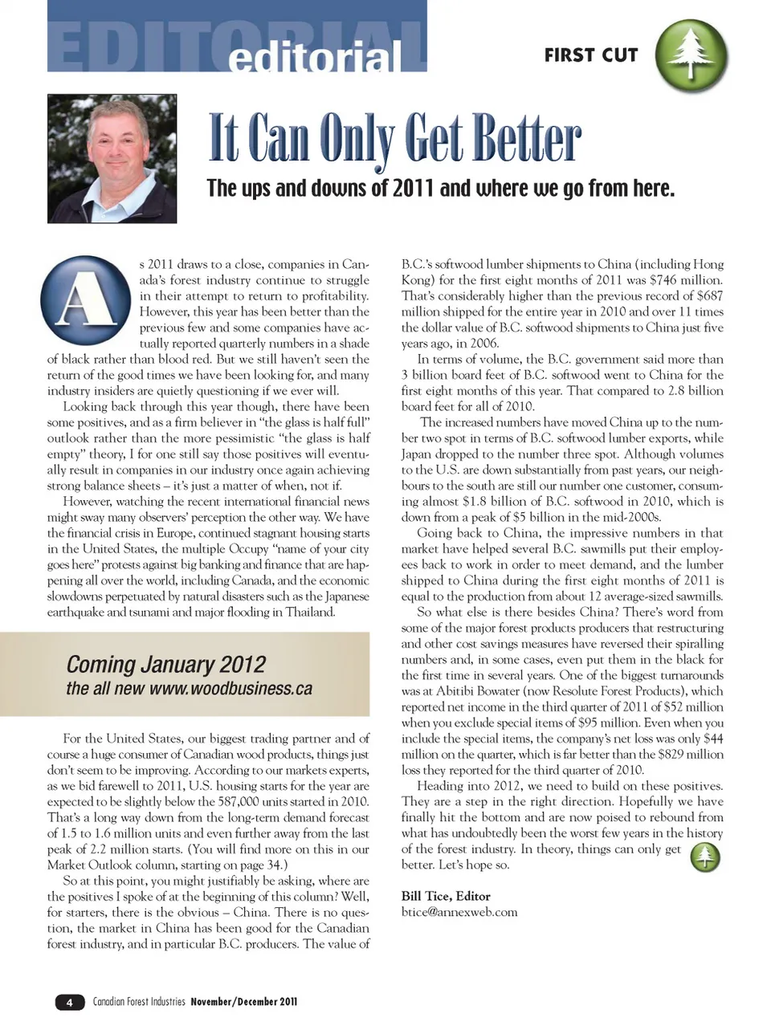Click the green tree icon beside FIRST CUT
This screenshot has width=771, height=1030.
(691, 55)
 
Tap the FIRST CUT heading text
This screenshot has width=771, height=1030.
(591, 55)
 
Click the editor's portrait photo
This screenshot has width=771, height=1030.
(112, 158)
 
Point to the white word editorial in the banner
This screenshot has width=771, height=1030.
(314, 59)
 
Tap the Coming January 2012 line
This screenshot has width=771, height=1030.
(165, 665)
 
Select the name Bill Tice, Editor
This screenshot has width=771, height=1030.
(446, 896)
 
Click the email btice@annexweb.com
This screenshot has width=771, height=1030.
(459, 912)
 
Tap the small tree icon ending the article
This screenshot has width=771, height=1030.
(704, 857)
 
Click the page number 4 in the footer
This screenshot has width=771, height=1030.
(70, 1002)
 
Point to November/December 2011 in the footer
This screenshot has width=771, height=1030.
(243, 1002)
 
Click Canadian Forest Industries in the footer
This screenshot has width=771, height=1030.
(139, 1002)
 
